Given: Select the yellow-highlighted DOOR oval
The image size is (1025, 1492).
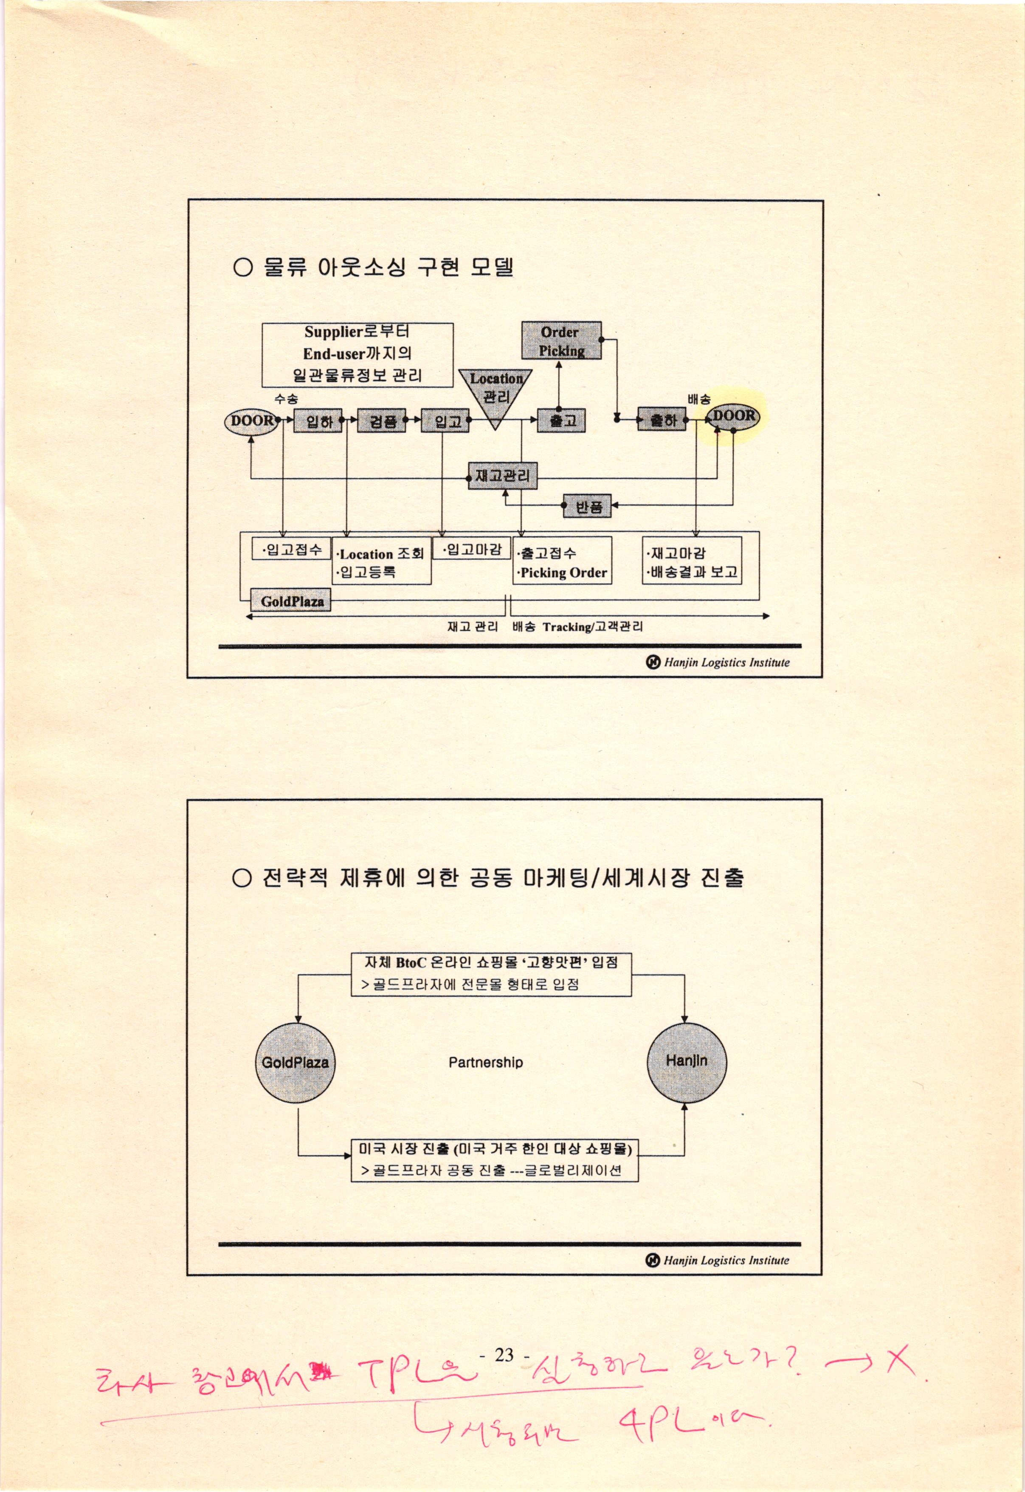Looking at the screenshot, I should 733,416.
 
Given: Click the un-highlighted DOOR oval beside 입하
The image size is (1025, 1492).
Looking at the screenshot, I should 251,421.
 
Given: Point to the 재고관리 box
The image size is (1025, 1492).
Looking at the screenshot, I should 502,476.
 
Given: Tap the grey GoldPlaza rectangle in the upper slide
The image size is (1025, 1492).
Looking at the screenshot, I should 291,601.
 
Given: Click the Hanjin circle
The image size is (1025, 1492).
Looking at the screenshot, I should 687,1061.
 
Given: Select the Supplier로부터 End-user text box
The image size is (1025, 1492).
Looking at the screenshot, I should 358,355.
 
